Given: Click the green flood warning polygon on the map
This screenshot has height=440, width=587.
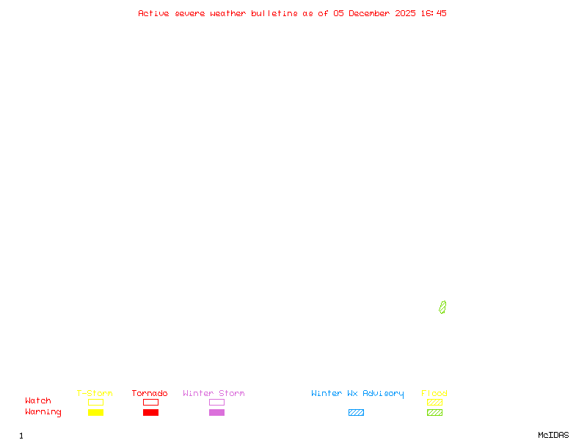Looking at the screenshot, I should [442, 307].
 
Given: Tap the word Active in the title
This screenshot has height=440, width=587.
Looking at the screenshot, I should [153, 13].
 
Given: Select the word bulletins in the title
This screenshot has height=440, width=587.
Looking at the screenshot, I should [274, 13].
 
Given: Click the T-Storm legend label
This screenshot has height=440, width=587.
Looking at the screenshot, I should [95, 394].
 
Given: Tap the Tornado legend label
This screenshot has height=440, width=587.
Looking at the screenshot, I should [150, 394].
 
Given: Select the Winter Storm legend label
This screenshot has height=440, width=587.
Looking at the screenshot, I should [214, 394].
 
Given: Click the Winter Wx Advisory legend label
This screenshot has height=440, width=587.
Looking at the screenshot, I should [357, 394].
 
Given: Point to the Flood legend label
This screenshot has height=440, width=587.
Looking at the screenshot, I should [434, 394].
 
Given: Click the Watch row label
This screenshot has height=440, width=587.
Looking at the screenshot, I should [38, 401].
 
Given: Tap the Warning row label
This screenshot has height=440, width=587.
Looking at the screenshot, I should [43, 412].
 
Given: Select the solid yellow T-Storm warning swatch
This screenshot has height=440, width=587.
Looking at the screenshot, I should [95, 413].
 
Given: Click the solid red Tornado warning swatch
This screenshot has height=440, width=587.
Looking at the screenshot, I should [150, 413].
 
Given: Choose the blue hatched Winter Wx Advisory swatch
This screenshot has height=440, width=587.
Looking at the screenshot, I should [356, 413].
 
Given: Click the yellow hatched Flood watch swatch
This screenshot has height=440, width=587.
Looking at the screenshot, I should [434, 403].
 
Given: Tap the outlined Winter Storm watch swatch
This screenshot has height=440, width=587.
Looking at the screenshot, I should [216, 403].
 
